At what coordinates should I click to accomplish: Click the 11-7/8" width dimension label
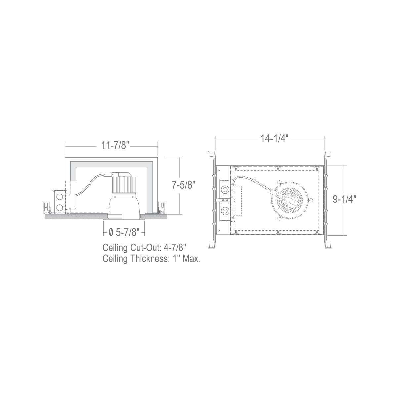[115, 146]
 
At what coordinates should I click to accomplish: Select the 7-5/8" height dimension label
[184, 185]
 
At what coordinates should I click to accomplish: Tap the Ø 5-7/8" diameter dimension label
[124, 233]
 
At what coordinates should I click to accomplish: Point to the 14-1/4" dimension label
[274, 139]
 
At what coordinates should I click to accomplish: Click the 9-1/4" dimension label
[345, 199]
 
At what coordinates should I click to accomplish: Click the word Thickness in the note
[150, 259]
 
